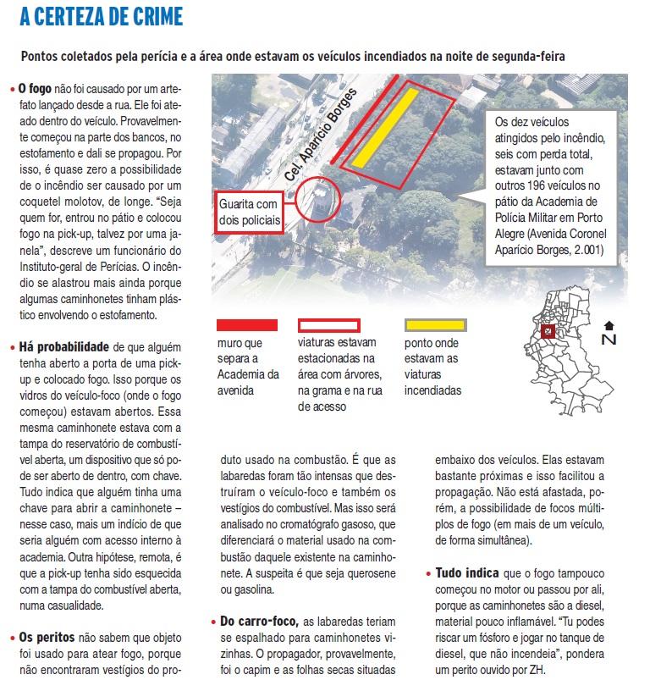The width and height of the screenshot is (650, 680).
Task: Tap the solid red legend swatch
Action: click(x=247, y=324)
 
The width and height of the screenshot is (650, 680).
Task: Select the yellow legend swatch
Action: click(x=435, y=324)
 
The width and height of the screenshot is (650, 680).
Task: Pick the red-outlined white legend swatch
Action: click(x=328, y=324)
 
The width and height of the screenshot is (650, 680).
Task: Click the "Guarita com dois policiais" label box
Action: click(x=248, y=212)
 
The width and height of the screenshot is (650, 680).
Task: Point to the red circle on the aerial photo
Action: click(x=317, y=200)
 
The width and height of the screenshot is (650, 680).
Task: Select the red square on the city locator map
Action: click(x=548, y=331)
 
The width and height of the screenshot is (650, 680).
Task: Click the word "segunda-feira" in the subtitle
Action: click(x=522, y=56)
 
